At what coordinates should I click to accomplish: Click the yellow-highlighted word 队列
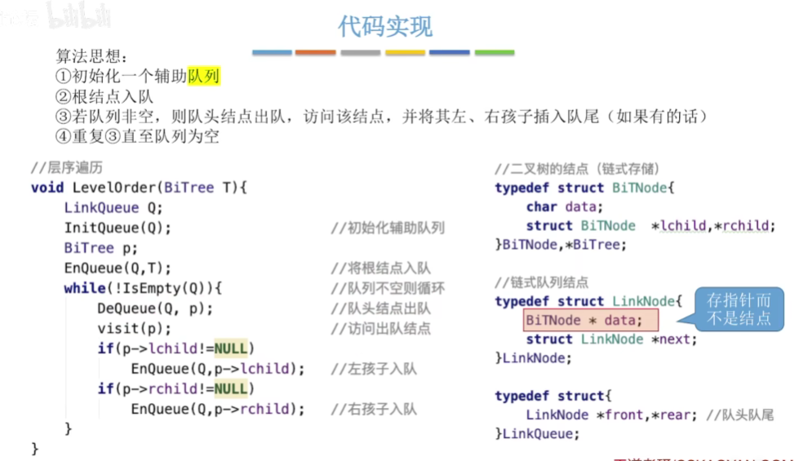tap(204, 77)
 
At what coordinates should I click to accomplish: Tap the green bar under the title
tap(494, 53)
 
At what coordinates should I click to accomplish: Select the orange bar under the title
tap(315, 53)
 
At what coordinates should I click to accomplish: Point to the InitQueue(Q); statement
tap(118, 228)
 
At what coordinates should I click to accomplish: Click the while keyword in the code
tap(85, 288)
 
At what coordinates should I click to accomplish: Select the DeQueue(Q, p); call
tap(155, 308)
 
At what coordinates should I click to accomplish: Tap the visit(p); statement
tap(135, 329)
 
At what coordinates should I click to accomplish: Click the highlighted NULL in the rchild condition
tap(231, 388)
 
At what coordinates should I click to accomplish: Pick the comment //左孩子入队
tap(374, 369)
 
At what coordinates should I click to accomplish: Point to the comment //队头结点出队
tap(381, 308)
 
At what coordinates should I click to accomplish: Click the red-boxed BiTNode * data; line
tap(584, 320)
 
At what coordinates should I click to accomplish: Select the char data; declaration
tap(565, 206)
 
